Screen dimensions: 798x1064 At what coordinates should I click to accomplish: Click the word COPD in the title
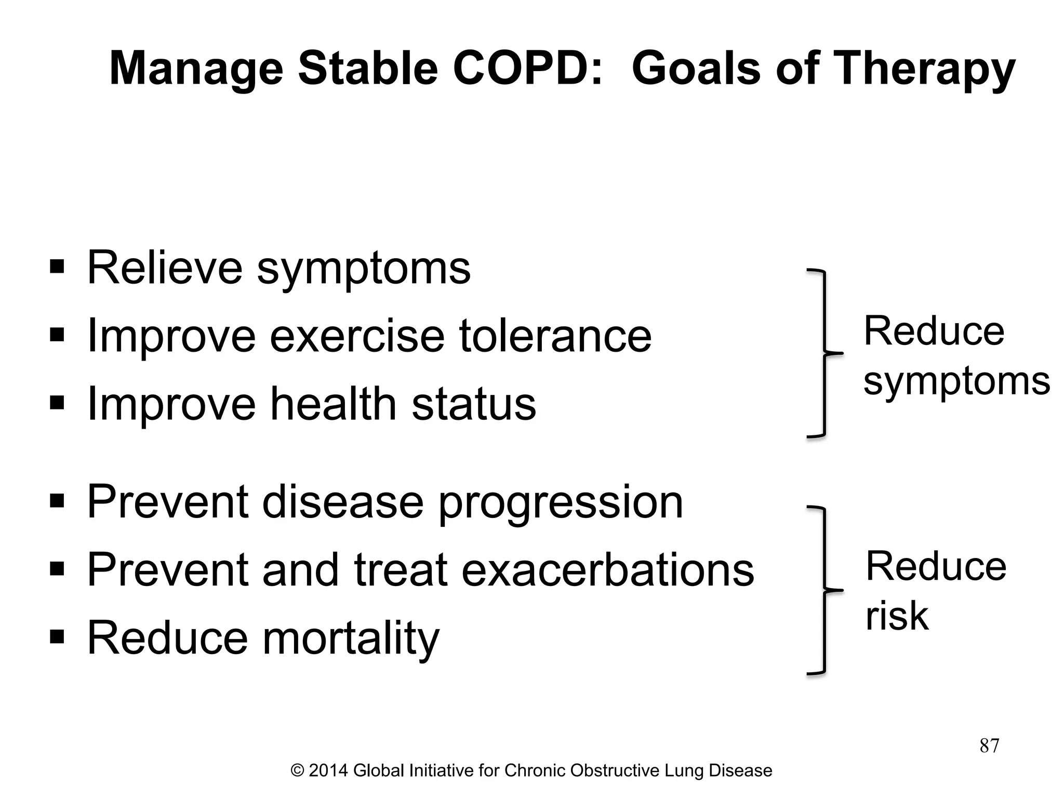(528, 69)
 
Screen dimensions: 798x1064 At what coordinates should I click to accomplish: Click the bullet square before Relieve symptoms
(57, 268)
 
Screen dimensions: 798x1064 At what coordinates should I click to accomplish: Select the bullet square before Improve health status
(57, 403)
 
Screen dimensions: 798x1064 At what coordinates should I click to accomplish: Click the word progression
(561, 503)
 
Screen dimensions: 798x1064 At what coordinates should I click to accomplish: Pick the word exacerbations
(607, 570)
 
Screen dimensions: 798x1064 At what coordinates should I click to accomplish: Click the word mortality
(351, 639)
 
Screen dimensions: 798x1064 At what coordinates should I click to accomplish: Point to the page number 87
(989, 746)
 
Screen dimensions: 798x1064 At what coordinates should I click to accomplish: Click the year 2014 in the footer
(328, 770)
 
